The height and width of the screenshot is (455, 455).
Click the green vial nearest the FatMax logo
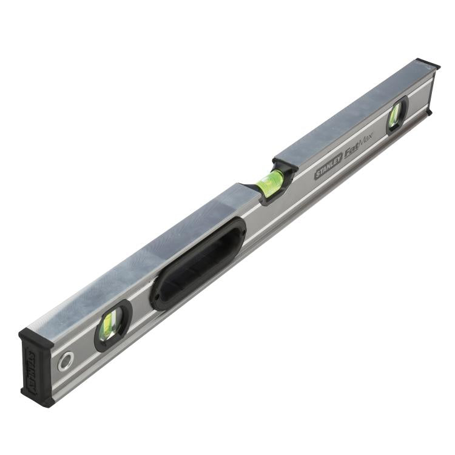396,113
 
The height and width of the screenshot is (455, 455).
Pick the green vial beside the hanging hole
112,325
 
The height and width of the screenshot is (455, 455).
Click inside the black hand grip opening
197,265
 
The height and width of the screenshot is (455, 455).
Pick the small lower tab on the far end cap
430,112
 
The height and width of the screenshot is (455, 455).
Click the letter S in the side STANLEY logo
317,176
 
